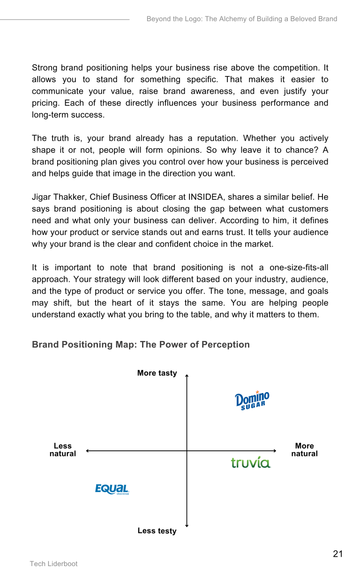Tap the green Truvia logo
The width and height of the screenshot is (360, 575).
(251, 462)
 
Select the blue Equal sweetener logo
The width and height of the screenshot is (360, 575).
(112, 489)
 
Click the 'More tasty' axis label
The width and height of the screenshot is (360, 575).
(157, 373)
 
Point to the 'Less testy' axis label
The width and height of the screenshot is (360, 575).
(157, 531)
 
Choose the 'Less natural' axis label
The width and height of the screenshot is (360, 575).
(63, 450)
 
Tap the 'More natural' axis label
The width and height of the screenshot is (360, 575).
(304, 450)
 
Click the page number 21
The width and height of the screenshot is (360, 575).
(338, 554)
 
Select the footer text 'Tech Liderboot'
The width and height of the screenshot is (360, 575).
(54, 564)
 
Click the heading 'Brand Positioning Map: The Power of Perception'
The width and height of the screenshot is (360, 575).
(141, 345)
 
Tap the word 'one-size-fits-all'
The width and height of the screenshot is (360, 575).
(299, 268)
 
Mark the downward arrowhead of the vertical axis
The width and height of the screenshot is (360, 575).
(187, 525)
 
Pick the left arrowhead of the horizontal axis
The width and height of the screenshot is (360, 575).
(88, 451)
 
